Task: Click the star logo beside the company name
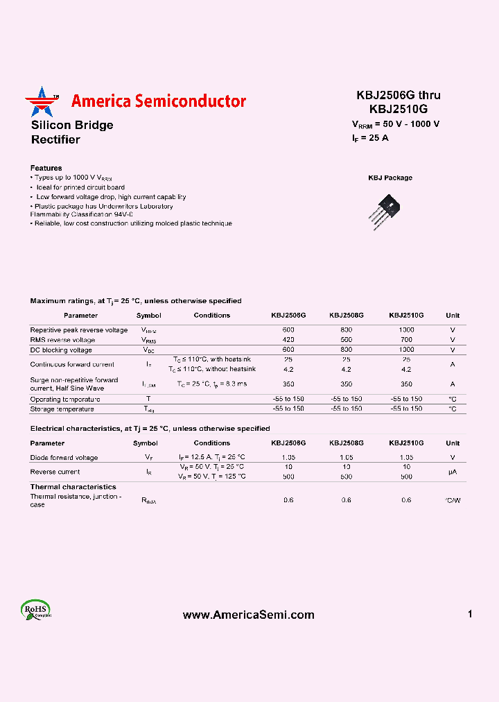[x=40, y=102]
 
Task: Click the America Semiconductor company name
[x=158, y=101]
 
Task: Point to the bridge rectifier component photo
[x=389, y=207]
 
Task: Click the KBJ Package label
[x=389, y=178]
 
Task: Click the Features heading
[x=46, y=168]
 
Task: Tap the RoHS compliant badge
[x=36, y=610]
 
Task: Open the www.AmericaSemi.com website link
[x=248, y=615]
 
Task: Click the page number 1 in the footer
[x=470, y=614]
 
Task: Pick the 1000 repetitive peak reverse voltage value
[x=406, y=330]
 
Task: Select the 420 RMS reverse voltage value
[x=288, y=340]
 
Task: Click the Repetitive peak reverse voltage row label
[x=78, y=330]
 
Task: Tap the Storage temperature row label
[x=62, y=409]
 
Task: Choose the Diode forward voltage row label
[x=64, y=458]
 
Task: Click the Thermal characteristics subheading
[x=73, y=487]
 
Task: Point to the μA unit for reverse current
[x=453, y=472]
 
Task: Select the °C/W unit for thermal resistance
[x=453, y=500]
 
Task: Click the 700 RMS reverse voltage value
[x=406, y=340]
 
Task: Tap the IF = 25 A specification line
[x=370, y=137]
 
